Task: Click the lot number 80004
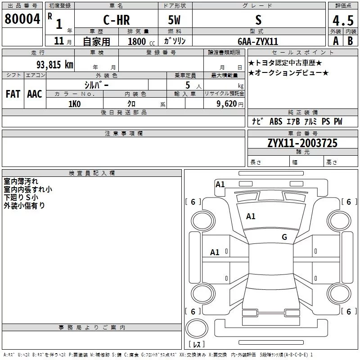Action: coord(22,19)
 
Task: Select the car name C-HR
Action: coord(117,20)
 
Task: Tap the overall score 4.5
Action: coord(343,20)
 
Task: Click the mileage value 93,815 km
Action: coord(54,65)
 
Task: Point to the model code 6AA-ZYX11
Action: coord(258,41)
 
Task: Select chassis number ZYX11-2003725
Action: coord(302,143)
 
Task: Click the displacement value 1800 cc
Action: coord(141,41)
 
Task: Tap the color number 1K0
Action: coord(75,104)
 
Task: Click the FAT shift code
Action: coord(13,94)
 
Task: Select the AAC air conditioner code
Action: coord(35,94)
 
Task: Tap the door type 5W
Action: coord(174,20)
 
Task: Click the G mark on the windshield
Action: coord(284,237)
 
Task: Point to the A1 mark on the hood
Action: coord(251,216)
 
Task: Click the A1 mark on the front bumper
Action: coord(220,184)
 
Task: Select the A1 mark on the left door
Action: coord(215,252)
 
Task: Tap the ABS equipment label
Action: coord(276,121)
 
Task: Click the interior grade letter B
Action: coord(350,41)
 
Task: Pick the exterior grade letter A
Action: coord(336,41)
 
